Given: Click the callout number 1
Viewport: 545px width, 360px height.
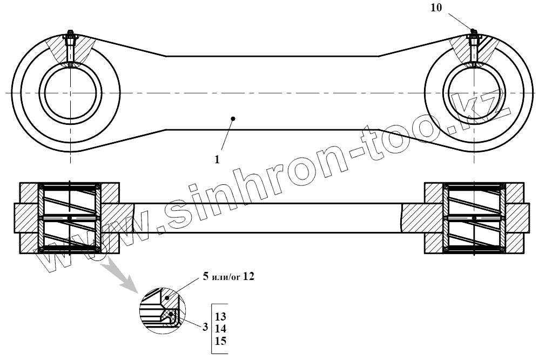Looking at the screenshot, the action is (x=217, y=159).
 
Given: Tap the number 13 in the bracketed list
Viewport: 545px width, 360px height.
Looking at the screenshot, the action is (x=220, y=317).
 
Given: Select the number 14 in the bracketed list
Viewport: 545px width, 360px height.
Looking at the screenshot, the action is (x=220, y=329).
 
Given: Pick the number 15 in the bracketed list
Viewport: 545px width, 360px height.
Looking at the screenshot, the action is (x=220, y=341).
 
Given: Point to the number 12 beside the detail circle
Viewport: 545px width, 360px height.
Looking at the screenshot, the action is (x=248, y=277).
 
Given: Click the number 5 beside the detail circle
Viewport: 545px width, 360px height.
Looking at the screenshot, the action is (x=205, y=277).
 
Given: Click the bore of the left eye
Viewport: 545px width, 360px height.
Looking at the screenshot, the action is (x=71, y=93).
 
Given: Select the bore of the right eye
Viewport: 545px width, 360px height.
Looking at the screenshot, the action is (x=473, y=93).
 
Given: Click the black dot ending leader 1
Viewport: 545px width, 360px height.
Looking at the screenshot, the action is (x=232, y=118).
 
